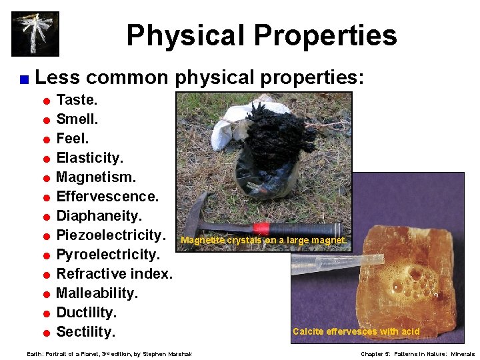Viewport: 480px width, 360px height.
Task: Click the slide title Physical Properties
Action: pos(261,35)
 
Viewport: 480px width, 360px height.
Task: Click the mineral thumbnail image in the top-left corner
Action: pos(35,33)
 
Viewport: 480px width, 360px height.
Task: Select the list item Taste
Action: pos(77,101)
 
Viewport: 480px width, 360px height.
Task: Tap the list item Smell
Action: pos(77,120)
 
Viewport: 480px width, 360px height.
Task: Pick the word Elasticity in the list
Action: pos(89,159)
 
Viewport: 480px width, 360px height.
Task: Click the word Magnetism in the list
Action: pos(96,178)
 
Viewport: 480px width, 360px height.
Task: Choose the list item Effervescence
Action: pos(107,197)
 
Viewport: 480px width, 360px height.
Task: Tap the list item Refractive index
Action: pos(114,274)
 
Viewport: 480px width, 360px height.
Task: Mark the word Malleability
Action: pos(97,293)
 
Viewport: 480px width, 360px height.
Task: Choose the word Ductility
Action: pos(87,313)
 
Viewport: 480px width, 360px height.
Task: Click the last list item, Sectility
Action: pos(86,332)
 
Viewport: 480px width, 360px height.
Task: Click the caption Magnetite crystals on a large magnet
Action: pos(263,241)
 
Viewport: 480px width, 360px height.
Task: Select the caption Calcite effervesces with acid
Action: pos(356,331)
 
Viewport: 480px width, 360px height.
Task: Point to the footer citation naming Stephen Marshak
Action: pos(109,354)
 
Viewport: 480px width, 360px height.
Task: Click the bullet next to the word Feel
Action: pos(47,140)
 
